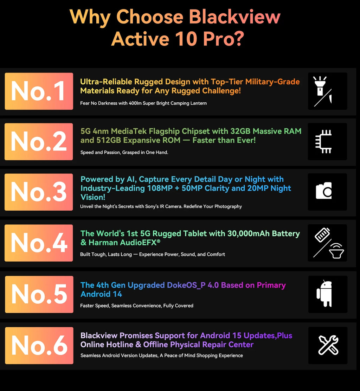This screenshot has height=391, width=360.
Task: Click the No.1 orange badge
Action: (x=39, y=91)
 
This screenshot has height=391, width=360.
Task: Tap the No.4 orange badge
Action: (x=39, y=243)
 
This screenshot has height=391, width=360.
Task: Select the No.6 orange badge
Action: (x=39, y=346)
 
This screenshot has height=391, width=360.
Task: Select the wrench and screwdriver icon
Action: (x=328, y=345)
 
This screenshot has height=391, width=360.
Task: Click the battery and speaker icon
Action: (x=327, y=243)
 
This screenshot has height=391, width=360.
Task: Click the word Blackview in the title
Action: (x=234, y=17)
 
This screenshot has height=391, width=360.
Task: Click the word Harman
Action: (x=104, y=242)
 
